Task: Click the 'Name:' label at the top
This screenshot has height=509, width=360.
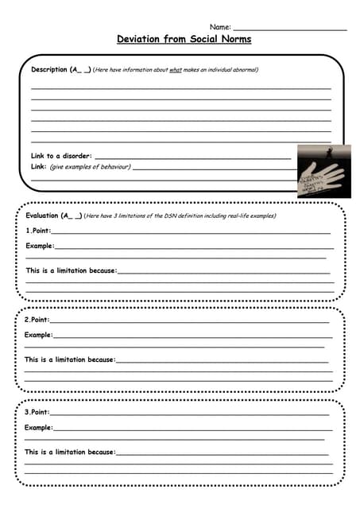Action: pyautogui.click(x=219, y=27)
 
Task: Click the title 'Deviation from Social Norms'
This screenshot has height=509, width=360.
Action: pyautogui.click(x=184, y=39)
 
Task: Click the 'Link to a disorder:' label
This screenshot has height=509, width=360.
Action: pyautogui.click(x=61, y=156)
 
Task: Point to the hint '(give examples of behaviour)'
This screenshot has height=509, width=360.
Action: pyautogui.click(x=90, y=167)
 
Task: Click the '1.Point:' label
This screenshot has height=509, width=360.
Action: pyautogui.click(x=38, y=231)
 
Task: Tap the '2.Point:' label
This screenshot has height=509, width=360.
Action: pyautogui.click(x=37, y=320)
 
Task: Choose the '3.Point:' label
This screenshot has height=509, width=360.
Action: pyautogui.click(x=37, y=412)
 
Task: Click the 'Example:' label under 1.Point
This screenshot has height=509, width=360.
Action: pyautogui.click(x=40, y=246)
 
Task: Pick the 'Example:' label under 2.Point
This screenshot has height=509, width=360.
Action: pyautogui.click(x=39, y=335)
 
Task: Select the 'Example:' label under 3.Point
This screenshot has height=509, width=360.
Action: pyautogui.click(x=39, y=428)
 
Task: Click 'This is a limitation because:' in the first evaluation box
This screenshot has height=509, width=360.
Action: pyautogui.click(x=71, y=270)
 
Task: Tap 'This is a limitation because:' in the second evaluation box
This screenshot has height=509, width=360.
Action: pyautogui.click(x=69, y=359)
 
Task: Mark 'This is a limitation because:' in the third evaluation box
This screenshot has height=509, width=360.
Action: pyautogui.click(x=69, y=452)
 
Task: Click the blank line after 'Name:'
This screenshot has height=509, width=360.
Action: pyautogui.click(x=289, y=29)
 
